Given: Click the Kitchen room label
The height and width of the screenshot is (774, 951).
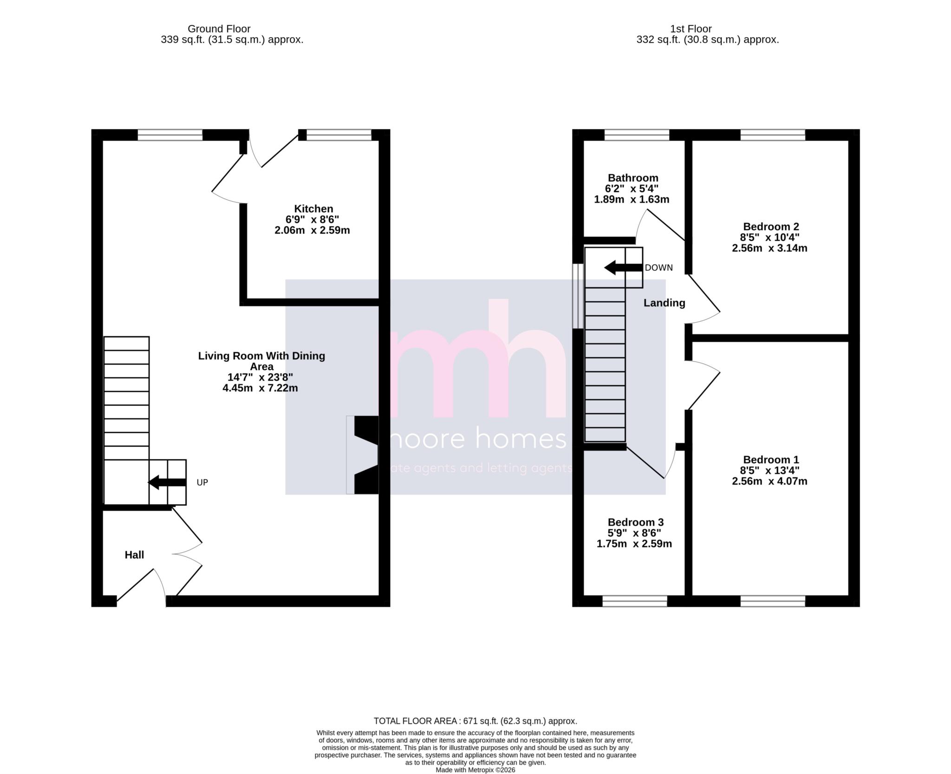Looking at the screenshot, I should tap(313, 209).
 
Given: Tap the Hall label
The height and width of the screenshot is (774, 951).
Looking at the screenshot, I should tap(134, 555).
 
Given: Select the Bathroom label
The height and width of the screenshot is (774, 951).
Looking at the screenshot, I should tap(633, 178).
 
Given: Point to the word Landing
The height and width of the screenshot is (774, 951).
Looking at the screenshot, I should tap(664, 303).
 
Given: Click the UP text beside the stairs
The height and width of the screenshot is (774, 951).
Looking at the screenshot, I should tap(202, 483).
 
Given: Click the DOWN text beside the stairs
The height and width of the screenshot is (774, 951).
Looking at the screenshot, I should tap(658, 268).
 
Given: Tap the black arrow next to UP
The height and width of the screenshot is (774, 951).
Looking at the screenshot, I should tap(167, 482).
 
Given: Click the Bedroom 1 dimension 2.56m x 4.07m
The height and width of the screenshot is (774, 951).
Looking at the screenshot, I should tap(769, 481).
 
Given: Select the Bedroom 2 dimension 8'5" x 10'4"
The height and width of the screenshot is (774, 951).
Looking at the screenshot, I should tap(769, 237).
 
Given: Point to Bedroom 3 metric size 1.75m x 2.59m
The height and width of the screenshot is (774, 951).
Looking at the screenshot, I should tap(634, 544).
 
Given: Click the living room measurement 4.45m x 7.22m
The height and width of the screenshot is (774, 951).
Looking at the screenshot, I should tap(260, 388).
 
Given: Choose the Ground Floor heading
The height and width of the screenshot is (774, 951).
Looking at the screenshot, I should tap(219, 29).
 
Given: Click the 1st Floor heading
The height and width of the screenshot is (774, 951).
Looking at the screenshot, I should tap(690, 29).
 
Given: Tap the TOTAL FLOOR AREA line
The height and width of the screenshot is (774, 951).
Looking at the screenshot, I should tap(475, 721).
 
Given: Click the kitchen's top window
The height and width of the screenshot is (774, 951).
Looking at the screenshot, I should tap(339, 135).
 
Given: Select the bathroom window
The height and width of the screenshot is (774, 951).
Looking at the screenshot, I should tap(637, 135).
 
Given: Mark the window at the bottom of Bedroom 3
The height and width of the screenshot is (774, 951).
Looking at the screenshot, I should tap(635, 602).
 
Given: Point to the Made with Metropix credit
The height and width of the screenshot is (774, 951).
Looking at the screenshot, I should tap(475, 770).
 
